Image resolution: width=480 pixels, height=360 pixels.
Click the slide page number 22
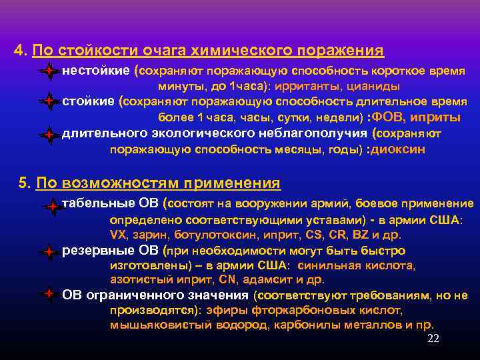click(x=433, y=339)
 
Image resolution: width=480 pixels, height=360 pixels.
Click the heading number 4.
click(x=20, y=51)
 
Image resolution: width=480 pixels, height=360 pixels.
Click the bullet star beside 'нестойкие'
click(x=49, y=71)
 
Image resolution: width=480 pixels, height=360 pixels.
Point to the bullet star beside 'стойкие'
click(x=49, y=103)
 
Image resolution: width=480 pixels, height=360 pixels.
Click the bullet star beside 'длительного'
click(x=49, y=135)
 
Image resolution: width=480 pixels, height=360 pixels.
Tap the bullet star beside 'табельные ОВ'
click(x=51, y=207)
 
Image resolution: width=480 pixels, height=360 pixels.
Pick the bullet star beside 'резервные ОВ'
click(x=49, y=253)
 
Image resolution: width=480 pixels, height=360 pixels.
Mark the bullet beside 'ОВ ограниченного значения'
click(x=49, y=293)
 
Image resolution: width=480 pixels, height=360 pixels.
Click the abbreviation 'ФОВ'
click(x=389, y=118)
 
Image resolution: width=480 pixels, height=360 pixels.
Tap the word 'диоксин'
click(x=398, y=150)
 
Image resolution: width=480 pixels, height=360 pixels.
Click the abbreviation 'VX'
click(x=118, y=235)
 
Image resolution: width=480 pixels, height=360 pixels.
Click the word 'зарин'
click(x=152, y=235)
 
